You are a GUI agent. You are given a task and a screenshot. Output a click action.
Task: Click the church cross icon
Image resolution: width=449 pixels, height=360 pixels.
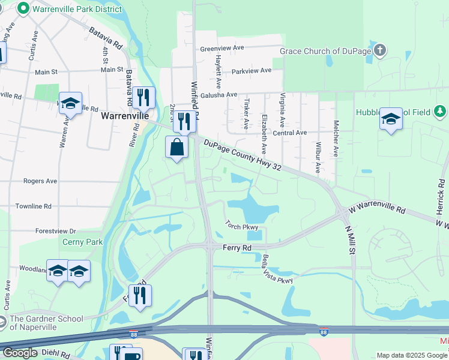[379, 51]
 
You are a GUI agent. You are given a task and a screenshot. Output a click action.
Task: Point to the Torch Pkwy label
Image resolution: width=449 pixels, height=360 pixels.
[242, 226]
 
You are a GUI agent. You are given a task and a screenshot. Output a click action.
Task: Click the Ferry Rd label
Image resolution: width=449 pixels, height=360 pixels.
[237, 247]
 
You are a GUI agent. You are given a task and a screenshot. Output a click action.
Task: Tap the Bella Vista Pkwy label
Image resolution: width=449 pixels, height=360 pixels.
[277, 270]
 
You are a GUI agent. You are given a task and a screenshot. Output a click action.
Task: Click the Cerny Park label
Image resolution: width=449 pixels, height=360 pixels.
[83, 242]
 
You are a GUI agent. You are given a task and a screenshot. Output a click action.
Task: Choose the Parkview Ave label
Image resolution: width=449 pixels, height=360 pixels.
[252, 70]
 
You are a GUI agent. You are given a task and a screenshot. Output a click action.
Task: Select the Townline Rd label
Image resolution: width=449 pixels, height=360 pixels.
[35, 206]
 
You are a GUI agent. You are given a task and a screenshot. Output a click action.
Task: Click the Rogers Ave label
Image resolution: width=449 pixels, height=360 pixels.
[40, 181]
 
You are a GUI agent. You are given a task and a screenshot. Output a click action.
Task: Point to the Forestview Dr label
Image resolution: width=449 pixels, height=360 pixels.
[56, 231]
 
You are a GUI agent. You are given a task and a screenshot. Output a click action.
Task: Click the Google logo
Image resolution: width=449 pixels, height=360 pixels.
[20, 353]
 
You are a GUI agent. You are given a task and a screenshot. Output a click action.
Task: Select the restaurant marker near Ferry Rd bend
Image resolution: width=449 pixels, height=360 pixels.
[140, 296]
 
